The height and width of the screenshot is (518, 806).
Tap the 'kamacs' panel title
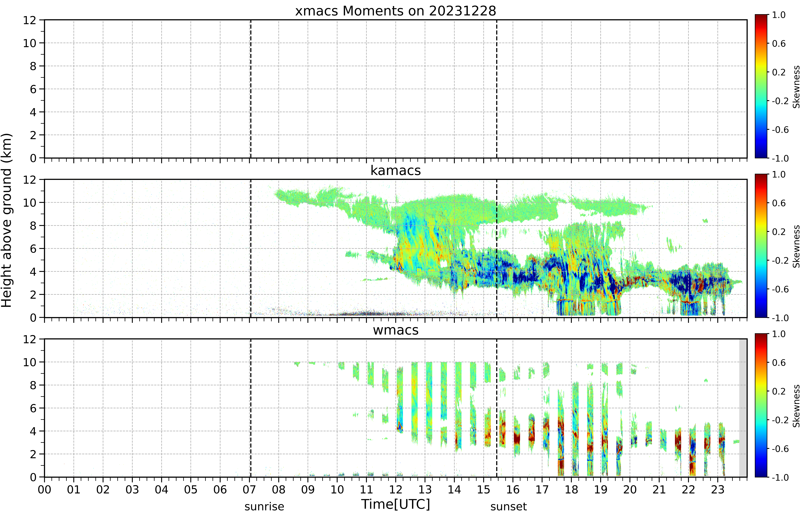point(396,171)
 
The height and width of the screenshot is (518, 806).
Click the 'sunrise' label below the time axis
point(264,507)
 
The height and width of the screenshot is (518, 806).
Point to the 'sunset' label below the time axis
point(508,507)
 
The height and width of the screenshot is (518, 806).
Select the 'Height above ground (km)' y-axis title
point(6,220)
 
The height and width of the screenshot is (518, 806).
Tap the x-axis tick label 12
point(396,489)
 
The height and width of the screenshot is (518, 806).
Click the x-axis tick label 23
point(717,489)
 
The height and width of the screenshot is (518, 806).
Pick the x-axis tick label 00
point(44,489)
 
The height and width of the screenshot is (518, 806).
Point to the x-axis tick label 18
point(571,489)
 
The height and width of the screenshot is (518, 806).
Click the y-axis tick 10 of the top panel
point(30,43)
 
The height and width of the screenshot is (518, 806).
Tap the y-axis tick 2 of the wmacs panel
point(33,454)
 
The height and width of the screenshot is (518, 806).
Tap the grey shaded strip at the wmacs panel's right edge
point(743,408)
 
